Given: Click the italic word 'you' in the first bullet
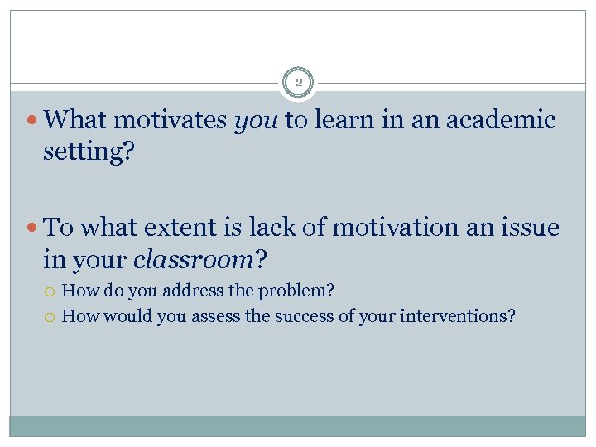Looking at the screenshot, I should [256, 121].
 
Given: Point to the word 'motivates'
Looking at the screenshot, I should [171, 121].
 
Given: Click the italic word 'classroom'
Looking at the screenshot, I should [193, 260].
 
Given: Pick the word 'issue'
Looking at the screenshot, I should [530, 227].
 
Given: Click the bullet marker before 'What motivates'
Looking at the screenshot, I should [32, 122].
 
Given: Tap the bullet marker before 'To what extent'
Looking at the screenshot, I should [32, 228].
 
